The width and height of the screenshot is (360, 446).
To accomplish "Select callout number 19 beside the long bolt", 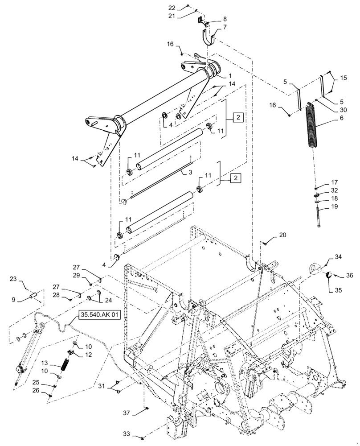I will coord(334,206).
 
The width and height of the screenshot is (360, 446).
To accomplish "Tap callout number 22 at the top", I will coord(172,8).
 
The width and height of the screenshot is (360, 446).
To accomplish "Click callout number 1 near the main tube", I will coord(231,75).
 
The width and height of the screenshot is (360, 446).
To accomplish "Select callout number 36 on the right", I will coord(349,276).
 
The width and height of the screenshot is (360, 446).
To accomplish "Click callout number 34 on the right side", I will coord(338,257).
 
